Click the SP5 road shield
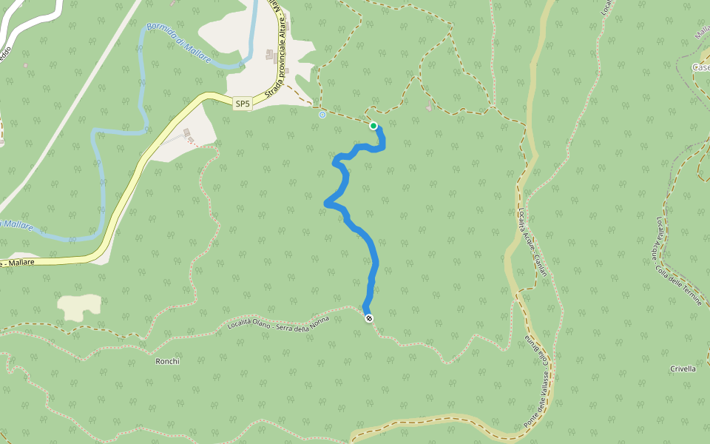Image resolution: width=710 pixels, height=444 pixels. click(243, 104)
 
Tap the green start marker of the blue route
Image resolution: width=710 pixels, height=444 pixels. click(373, 126)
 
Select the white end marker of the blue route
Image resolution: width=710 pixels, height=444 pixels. click(369, 318)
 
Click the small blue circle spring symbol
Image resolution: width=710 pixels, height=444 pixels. click(322, 115)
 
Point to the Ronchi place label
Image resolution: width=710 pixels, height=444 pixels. click(167, 361)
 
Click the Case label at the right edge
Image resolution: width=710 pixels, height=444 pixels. click(700, 67)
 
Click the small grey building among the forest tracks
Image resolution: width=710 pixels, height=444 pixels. click(428, 107)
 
